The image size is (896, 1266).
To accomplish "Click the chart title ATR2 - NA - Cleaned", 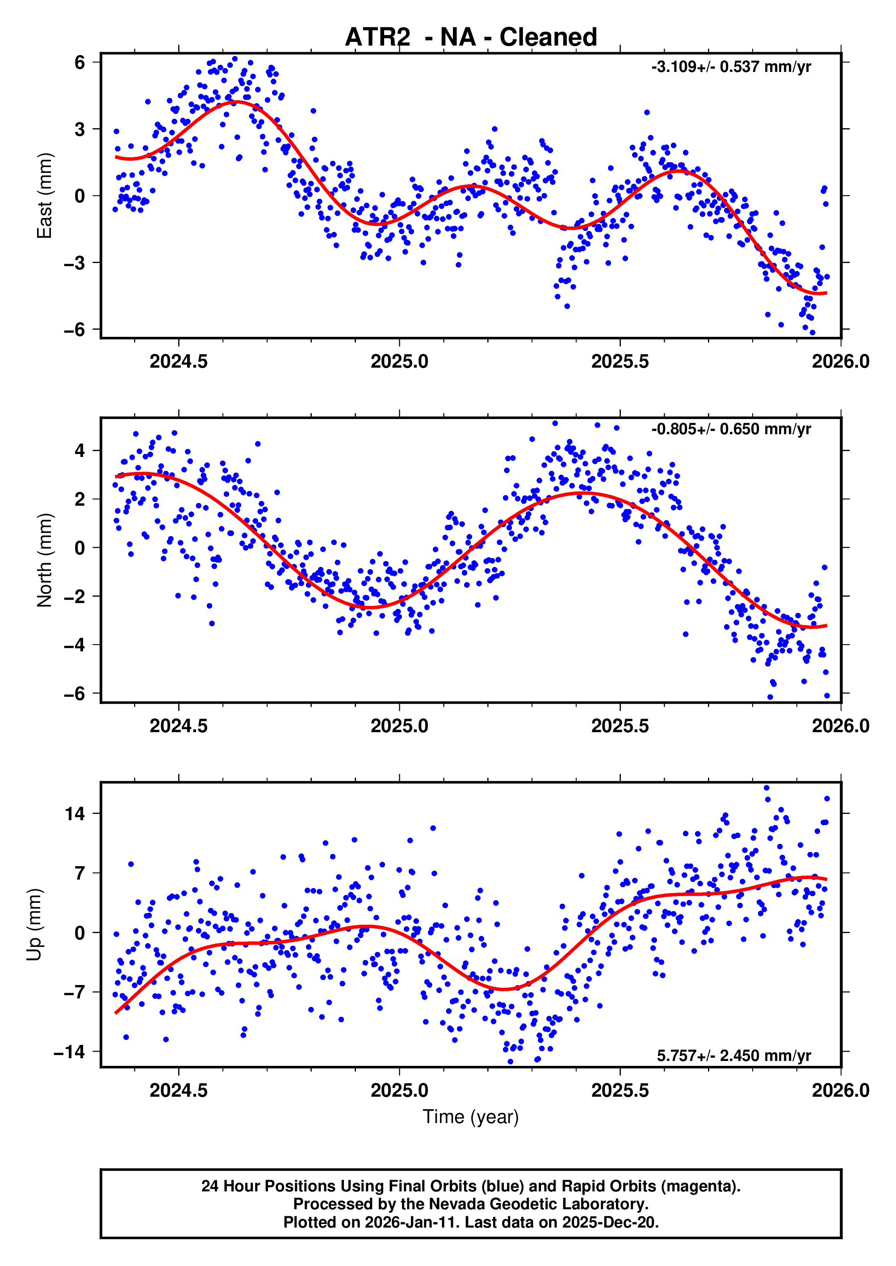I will (x=471, y=38).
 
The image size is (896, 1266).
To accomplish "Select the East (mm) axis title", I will (x=44, y=196).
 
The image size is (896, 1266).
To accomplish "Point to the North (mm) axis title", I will (x=44, y=560).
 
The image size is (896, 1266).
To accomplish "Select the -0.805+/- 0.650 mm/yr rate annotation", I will (x=731, y=429).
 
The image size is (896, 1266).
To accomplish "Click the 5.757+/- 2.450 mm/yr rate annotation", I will (x=734, y=1055).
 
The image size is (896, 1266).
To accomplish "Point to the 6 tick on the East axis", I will (x=80, y=63).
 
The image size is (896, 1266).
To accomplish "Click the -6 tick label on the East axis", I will (x=75, y=329).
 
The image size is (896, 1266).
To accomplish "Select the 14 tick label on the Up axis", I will (x=75, y=813).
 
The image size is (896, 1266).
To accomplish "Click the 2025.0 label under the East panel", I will (x=399, y=361).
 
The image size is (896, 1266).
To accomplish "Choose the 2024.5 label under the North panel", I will (x=179, y=725).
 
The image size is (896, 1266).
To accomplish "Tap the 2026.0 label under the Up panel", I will (x=840, y=1090).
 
